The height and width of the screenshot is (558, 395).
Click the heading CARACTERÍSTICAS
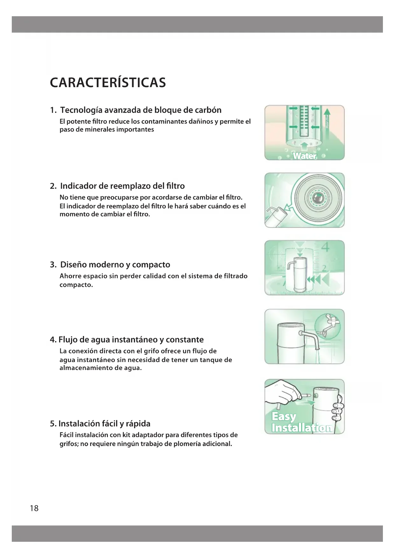(108, 82)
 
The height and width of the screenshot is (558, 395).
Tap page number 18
(34, 508)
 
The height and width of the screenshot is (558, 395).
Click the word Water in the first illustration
(305, 156)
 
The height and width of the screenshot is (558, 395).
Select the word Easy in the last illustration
(284, 417)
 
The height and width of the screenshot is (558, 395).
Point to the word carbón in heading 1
(208, 110)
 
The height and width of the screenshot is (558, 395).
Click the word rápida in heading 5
(138, 424)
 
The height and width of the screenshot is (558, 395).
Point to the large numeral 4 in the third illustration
(325, 248)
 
